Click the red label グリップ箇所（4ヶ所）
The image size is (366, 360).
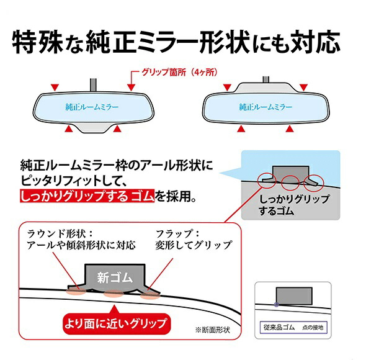pos(179,73)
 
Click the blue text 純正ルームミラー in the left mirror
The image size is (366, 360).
pos(92,107)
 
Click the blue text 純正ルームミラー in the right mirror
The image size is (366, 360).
pos(266,107)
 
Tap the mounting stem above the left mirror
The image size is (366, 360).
pos(93,85)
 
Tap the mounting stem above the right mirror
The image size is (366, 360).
pos(266,79)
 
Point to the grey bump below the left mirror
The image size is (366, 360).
pos(93,128)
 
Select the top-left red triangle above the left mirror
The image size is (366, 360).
pos(55,88)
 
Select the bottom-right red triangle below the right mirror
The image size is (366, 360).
pos(290,128)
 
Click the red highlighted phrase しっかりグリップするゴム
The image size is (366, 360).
pos(87,196)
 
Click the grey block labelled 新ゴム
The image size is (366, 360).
pos(115,278)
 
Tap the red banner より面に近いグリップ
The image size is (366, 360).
pos(117,323)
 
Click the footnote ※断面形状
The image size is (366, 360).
pos(213,330)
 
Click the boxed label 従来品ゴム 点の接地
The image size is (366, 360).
pos(293,327)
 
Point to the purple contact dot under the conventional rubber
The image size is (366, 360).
pos(277,304)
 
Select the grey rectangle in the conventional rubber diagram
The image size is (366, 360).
pos(294,296)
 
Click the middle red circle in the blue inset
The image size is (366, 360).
pos(290,183)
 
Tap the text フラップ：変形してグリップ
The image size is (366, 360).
pos(194,239)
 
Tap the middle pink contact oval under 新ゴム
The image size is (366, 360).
pos(114,294)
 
